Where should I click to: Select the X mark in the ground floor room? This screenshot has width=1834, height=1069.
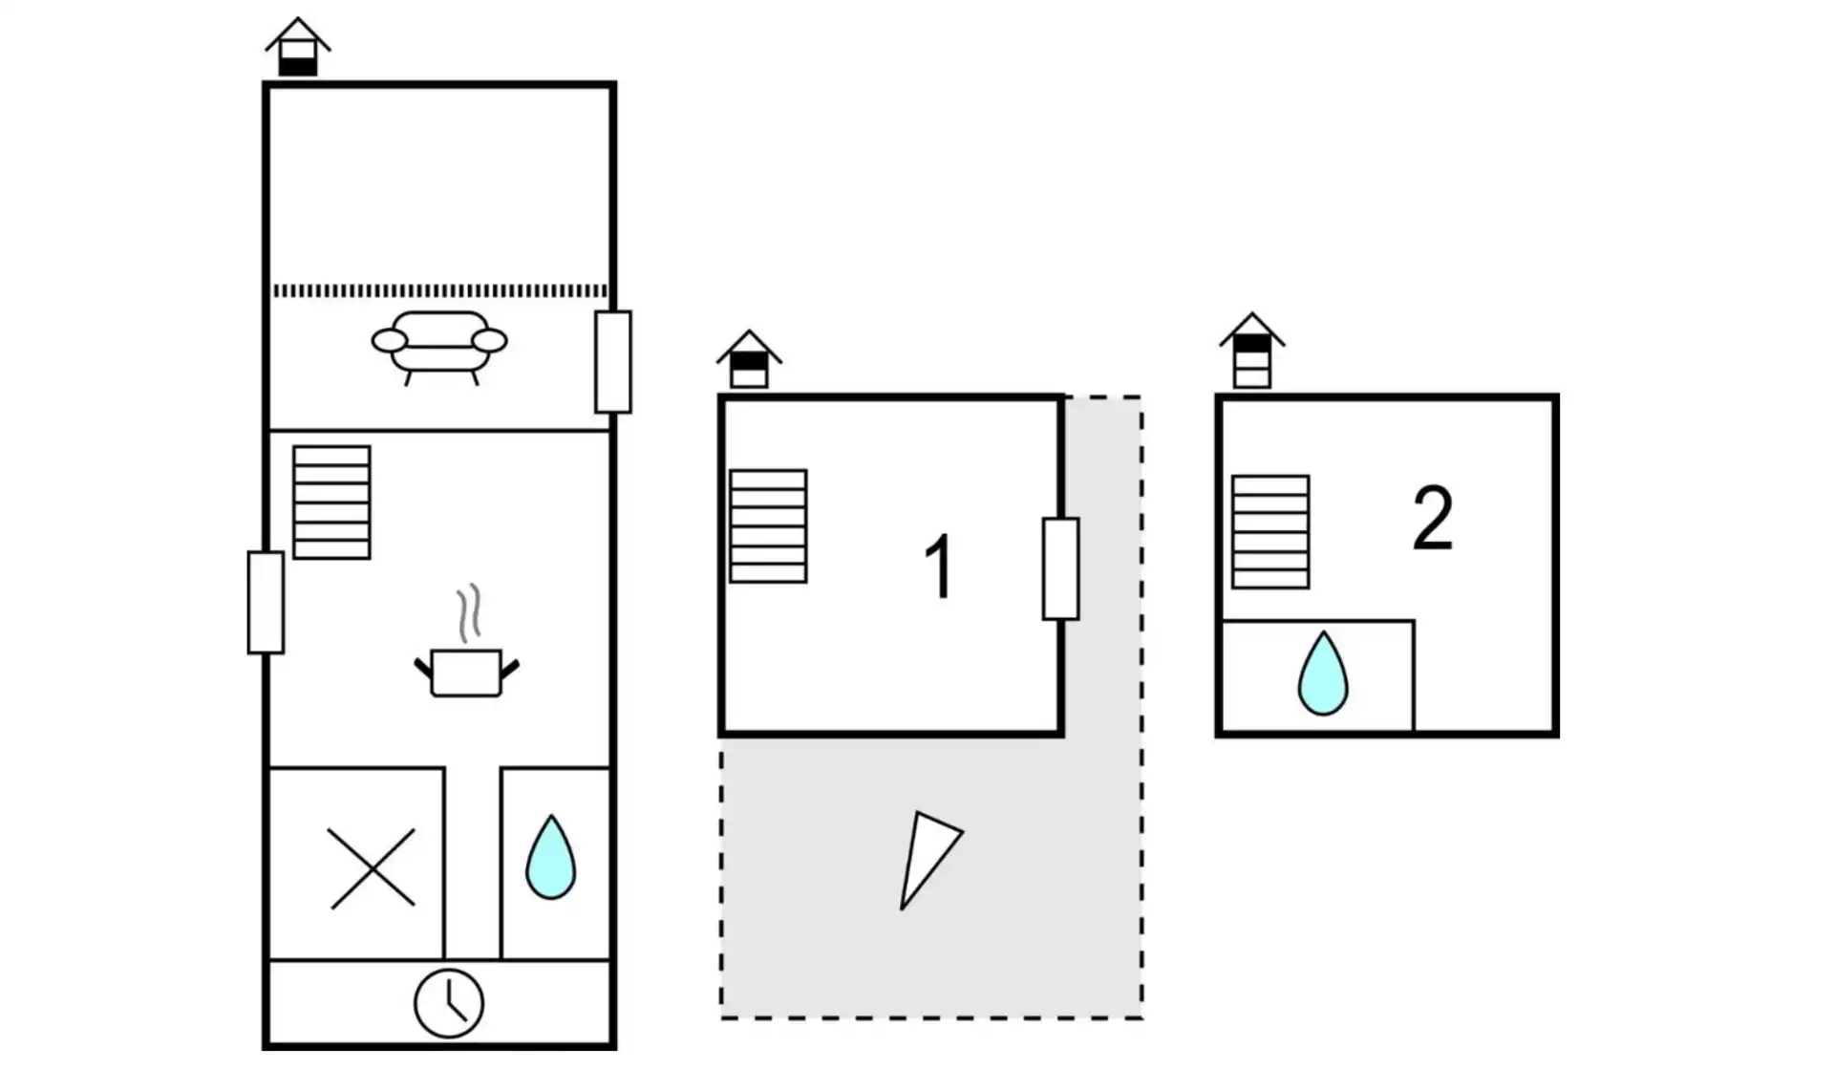coord(372,867)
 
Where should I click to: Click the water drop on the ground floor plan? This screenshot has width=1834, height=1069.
coord(551,857)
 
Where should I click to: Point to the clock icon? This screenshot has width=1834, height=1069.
coord(449,1003)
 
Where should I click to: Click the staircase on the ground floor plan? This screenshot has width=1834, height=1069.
coord(331,502)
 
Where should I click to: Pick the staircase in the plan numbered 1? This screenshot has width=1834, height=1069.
coord(768,526)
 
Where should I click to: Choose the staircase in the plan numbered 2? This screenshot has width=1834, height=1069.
coord(1270,532)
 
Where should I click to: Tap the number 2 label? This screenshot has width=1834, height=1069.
coord(1433,519)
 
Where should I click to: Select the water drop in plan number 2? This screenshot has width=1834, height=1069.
coord(1323,673)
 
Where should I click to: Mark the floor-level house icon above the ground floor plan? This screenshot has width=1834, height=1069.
coord(298,48)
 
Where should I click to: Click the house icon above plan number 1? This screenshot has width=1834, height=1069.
coord(750,360)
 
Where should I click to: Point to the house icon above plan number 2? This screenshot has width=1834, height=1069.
coord(1252,351)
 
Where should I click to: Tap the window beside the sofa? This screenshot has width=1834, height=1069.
coord(613,362)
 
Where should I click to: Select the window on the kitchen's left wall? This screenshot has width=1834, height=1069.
coord(266,603)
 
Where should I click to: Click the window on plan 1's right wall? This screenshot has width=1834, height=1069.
coord(1060,569)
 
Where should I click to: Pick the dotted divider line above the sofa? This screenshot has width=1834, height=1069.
coord(439,290)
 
